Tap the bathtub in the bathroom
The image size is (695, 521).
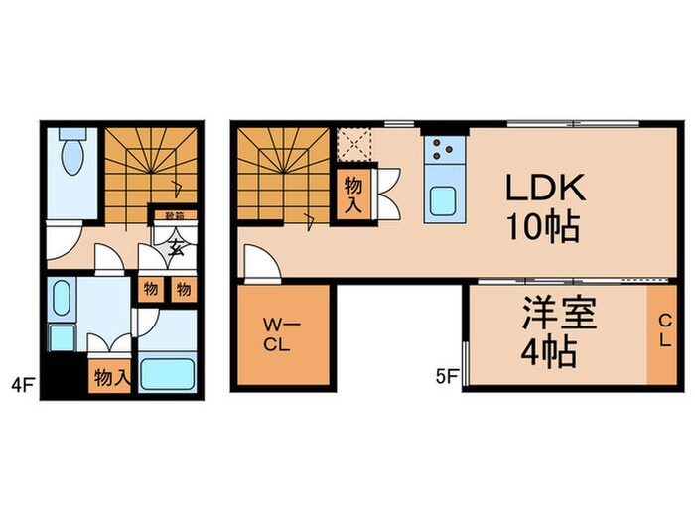click(x=168, y=374)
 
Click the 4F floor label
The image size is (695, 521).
click(x=20, y=381)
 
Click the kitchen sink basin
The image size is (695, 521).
click(x=442, y=203)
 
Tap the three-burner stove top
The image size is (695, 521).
click(x=442, y=151)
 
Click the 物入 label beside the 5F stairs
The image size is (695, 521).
click(x=352, y=194)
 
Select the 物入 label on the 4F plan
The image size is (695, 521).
click(x=109, y=376)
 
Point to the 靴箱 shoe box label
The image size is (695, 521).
click(x=174, y=214)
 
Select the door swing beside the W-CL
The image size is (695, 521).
click(x=256, y=264)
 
